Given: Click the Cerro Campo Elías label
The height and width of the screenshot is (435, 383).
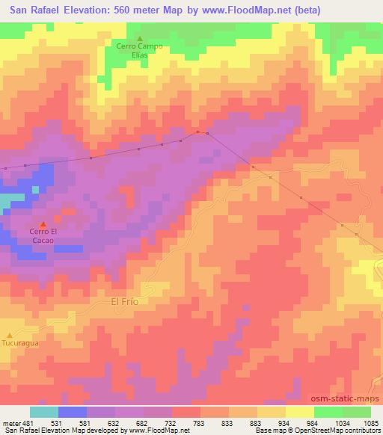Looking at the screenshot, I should click(x=139, y=50).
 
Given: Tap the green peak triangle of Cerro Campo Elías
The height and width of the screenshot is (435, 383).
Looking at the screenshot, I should click(x=139, y=38).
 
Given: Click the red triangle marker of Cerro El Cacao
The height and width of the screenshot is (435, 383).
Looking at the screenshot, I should click(x=43, y=224).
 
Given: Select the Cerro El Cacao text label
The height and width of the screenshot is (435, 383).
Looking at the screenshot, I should click(x=43, y=236).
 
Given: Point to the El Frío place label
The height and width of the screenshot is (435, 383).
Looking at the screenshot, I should click(x=125, y=301).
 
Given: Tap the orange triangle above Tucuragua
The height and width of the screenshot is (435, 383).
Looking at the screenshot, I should click(x=10, y=335).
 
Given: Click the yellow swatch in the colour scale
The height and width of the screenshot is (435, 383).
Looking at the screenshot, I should click(x=300, y=412).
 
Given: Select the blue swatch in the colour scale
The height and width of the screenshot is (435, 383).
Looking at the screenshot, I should click(x=73, y=412).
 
